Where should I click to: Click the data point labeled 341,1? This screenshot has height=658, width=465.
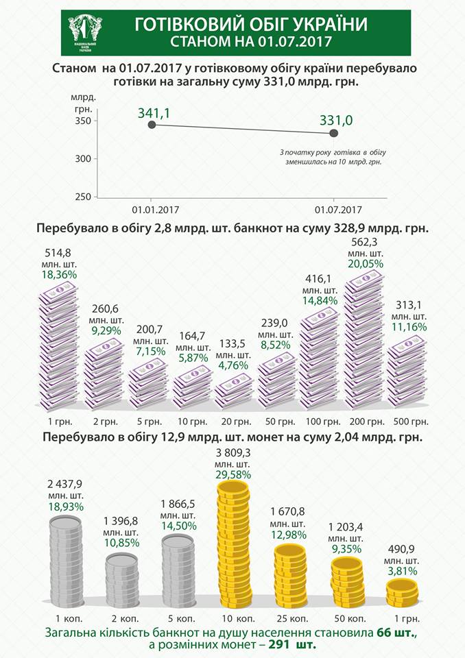(x=151, y=125)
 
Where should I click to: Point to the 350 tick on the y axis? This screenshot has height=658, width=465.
(x=82, y=121)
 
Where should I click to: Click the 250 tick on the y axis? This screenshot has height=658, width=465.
(x=82, y=197)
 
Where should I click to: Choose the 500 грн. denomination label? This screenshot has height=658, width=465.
(x=411, y=420)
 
